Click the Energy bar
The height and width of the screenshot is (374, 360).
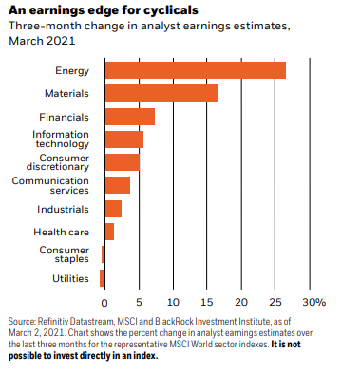point(196,70)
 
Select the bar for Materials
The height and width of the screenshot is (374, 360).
point(161,93)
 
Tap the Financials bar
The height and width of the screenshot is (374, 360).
point(130,117)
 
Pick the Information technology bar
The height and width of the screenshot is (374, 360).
point(124,140)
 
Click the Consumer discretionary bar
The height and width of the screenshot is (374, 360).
point(123,162)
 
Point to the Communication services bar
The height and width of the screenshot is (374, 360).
point(118,185)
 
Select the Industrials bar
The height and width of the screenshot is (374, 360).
point(113,209)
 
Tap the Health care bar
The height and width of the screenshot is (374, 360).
point(109,232)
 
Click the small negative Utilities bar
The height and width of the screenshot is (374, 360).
point(102,278)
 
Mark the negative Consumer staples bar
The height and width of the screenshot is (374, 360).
point(103,254)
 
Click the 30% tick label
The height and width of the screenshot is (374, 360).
point(313,303)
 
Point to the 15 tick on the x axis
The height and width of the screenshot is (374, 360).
point(207,303)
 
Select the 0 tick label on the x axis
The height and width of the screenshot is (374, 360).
point(104,303)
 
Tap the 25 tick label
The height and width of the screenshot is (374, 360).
point(275,303)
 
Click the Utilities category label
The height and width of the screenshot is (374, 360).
point(70,278)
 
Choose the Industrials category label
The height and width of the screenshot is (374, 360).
point(63,209)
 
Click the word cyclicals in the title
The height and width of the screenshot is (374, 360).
point(171,10)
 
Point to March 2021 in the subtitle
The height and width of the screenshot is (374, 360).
point(42,41)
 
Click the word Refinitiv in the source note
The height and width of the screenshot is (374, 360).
point(53,322)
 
